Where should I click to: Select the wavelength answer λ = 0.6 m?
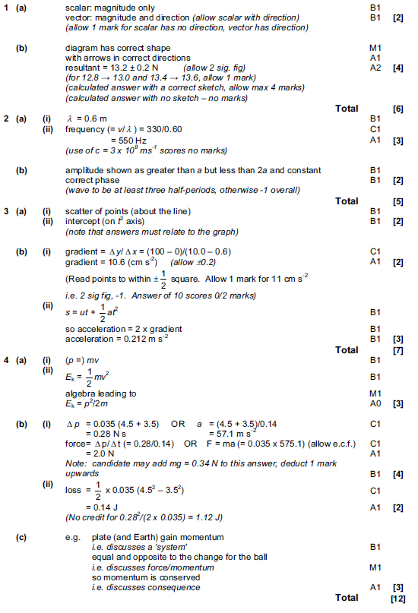click(x=85, y=119)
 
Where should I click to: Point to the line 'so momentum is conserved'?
click(x=126, y=577)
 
